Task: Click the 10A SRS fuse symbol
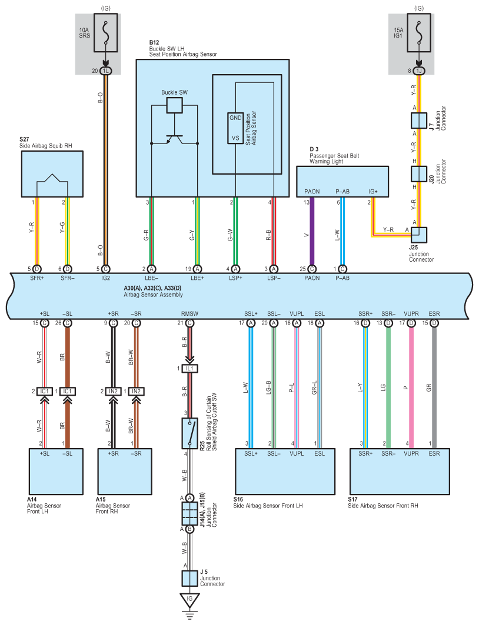(x=106, y=33)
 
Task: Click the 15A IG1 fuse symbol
(x=419, y=33)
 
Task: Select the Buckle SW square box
(x=174, y=105)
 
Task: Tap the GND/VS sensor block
(x=235, y=128)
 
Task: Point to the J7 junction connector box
(x=419, y=121)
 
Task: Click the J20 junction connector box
(x=419, y=174)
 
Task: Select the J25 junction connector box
(x=419, y=235)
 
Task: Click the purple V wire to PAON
(x=312, y=231)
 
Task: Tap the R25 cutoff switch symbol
(x=189, y=433)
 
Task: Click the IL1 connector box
(x=189, y=369)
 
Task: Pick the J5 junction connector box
(x=189, y=579)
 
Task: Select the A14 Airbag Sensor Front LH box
(x=56, y=472)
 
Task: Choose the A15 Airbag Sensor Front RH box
(x=125, y=472)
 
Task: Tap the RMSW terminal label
(x=189, y=314)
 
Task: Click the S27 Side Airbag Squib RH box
(x=52, y=174)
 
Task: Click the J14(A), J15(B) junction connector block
(x=189, y=513)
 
